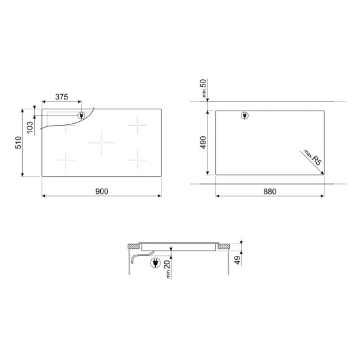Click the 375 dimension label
coord(62,97)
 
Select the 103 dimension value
coord(29,126)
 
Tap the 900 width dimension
coord(101,191)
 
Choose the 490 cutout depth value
coord(204,142)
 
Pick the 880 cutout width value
coord(270,191)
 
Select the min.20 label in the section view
coord(168,268)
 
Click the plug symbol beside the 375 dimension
coord(81,117)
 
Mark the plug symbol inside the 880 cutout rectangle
coord(245,117)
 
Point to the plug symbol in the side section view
coord(155,264)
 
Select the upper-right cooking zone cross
coord(138,122)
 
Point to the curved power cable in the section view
coord(134,260)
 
